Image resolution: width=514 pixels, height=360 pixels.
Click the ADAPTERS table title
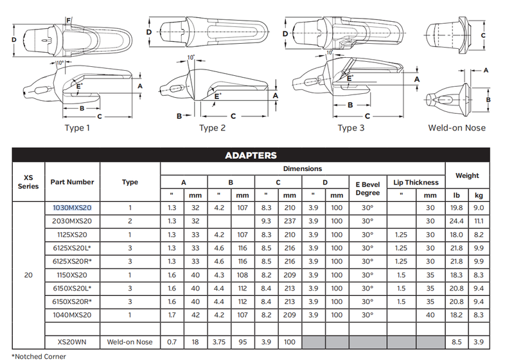(x=251, y=156)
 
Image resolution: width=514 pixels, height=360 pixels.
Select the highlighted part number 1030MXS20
(x=72, y=208)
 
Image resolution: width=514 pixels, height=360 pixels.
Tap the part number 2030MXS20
(x=72, y=221)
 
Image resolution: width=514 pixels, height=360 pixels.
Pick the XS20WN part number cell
(x=72, y=342)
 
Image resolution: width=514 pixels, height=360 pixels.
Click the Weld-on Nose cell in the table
(x=130, y=342)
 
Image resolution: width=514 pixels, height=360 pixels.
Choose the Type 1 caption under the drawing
(x=77, y=128)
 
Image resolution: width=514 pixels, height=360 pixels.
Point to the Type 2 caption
(x=213, y=128)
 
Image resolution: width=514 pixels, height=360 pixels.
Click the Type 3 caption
(x=351, y=128)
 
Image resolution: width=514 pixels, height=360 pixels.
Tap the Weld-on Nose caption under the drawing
(x=457, y=128)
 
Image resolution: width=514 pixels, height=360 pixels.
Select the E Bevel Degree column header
(x=368, y=189)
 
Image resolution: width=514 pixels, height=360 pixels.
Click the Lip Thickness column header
(x=416, y=183)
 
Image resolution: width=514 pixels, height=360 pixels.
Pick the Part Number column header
(x=72, y=183)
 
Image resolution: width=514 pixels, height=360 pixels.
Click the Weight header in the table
(x=467, y=175)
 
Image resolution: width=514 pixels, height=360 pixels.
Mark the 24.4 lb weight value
(x=456, y=221)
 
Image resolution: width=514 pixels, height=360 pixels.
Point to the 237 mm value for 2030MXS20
(x=290, y=221)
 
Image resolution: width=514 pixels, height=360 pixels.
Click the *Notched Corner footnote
(x=39, y=356)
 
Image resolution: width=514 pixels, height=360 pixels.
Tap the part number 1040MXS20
(x=72, y=315)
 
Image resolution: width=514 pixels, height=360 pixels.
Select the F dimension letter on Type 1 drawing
(x=69, y=21)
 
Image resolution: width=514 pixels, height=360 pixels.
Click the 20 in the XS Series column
(x=28, y=275)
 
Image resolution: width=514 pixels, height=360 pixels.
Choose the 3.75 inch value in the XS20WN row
(x=219, y=342)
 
